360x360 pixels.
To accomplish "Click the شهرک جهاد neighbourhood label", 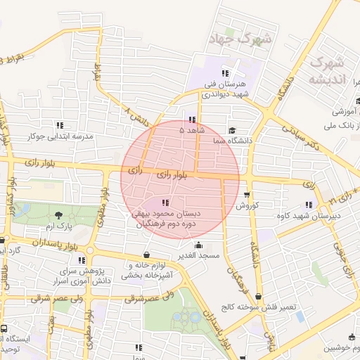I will [x=240, y=39].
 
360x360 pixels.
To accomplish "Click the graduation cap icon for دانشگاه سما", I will [x=232, y=131].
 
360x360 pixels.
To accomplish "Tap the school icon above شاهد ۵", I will [x=193, y=120].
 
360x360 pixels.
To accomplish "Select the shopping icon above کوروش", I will [x=246, y=195].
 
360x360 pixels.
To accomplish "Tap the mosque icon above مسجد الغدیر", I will [x=199, y=245].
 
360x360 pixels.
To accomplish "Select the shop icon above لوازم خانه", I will [x=146, y=255].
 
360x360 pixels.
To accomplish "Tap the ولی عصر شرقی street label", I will [x=150, y=298].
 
